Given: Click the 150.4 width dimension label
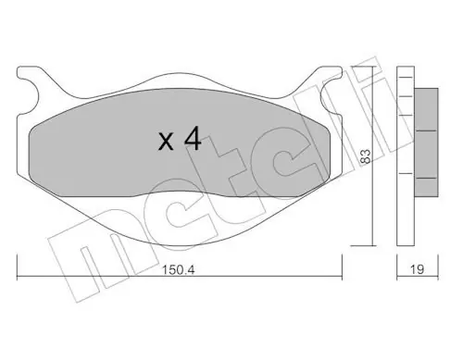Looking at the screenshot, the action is (179, 270).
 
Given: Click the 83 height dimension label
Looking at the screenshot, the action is (365, 156).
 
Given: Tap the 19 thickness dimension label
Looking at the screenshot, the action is (417, 269).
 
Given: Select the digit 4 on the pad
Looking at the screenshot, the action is (193, 139).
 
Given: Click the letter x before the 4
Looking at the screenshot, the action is (166, 143).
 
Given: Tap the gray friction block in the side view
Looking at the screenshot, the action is (426, 143).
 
